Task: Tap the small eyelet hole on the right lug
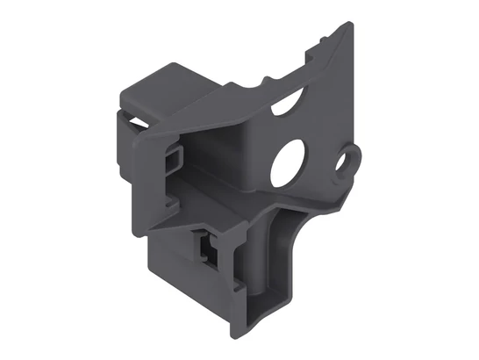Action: point(352,160)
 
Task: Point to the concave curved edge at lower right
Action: point(299,241)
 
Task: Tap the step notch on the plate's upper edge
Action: point(309,54)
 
